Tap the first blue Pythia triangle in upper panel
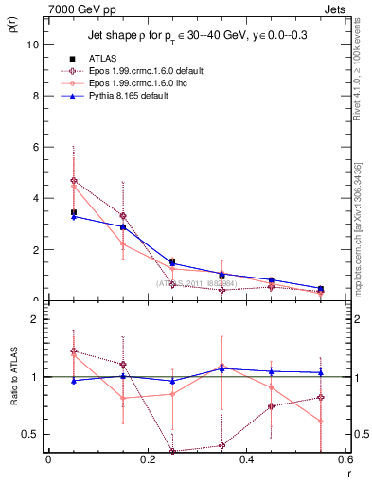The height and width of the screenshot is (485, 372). click(x=74, y=217)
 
